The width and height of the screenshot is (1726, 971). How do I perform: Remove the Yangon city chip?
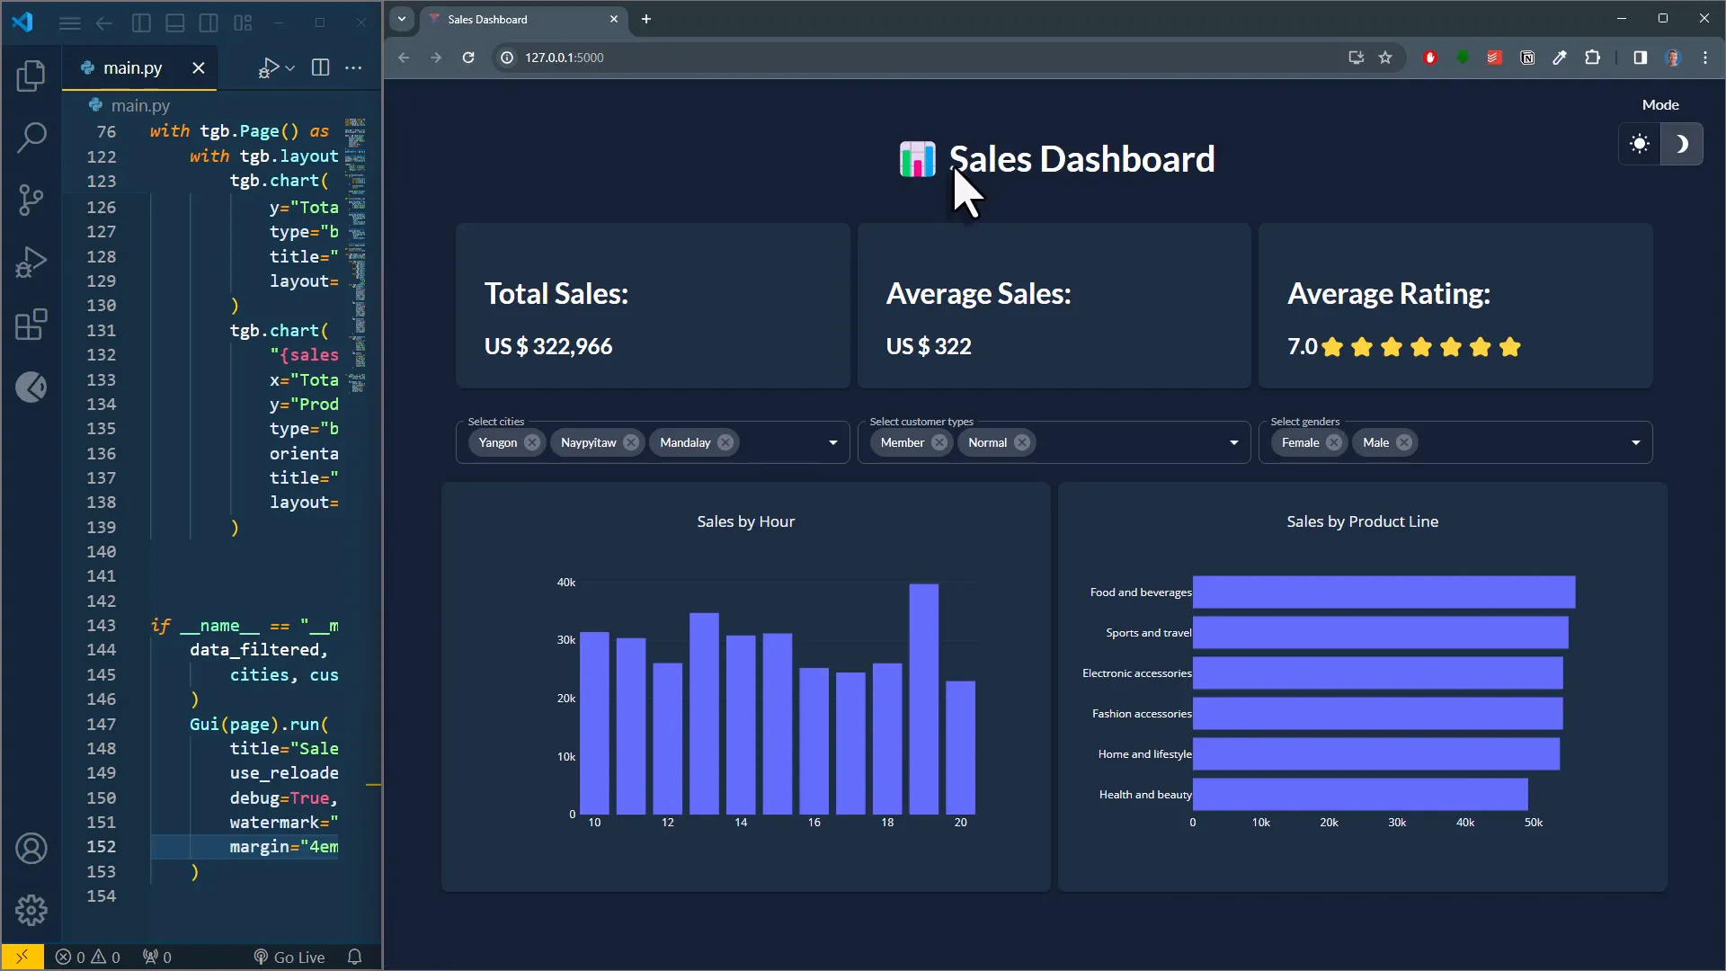tap(532, 442)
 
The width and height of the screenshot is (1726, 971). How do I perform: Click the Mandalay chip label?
tap(684, 442)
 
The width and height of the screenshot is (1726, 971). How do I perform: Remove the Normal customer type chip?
tap(1022, 442)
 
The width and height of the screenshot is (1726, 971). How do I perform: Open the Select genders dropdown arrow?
tap(1635, 442)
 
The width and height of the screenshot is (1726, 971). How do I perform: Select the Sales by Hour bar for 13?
tap(704, 714)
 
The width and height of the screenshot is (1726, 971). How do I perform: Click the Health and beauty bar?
tap(1359, 795)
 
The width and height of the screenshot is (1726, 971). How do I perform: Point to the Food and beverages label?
tap(1140, 592)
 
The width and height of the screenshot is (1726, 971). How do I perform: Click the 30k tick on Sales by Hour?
tap(566, 640)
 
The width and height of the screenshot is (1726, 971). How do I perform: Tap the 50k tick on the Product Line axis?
tap(1533, 823)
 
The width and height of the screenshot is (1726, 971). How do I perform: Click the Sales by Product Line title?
tap(1361, 521)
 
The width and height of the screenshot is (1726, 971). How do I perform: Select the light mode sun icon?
tap(1640, 144)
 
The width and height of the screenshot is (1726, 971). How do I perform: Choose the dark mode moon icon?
tap(1681, 144)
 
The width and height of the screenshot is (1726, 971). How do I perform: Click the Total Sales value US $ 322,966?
tap(547, 346)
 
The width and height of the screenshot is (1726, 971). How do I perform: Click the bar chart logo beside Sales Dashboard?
tap(917, 160)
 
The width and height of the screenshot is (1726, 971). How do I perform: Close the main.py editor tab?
tap(199, 68)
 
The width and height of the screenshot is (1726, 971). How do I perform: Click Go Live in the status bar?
tap(289, 958)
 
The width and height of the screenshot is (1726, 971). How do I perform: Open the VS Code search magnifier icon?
tap(31, 138)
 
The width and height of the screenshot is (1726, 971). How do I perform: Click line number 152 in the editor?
tap(101, 847)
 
